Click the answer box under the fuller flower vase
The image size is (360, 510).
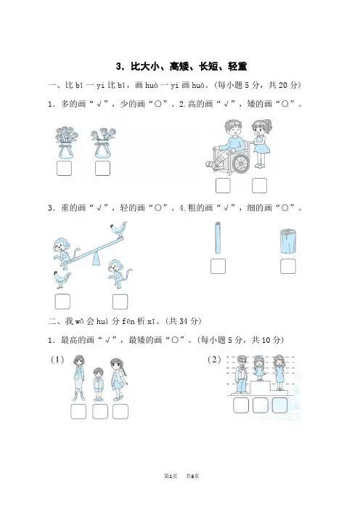click(64, 169)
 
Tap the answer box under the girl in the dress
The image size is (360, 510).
click(260, 185)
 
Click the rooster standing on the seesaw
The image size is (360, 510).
click(118, 230)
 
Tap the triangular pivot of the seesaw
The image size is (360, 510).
click(96, 259)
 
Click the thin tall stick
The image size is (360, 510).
click(218, 238)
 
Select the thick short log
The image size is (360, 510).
click(288, 241)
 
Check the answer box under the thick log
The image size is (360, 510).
click(288, 266)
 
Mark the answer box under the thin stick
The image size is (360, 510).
click(218, 266)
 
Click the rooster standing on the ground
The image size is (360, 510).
click(62, 280)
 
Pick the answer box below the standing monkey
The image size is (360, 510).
click(120, 301)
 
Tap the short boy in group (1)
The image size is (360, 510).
click(98, 384)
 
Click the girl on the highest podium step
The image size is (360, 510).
click(259, 368)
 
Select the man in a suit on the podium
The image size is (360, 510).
click(241, 374)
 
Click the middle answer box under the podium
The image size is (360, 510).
click(261, 405)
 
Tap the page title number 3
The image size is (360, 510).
click(119, 67)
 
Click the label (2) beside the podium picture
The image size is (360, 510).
click(214, 360)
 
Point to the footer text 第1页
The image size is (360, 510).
click(171, 476)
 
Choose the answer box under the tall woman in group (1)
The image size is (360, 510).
click(78, 411)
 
